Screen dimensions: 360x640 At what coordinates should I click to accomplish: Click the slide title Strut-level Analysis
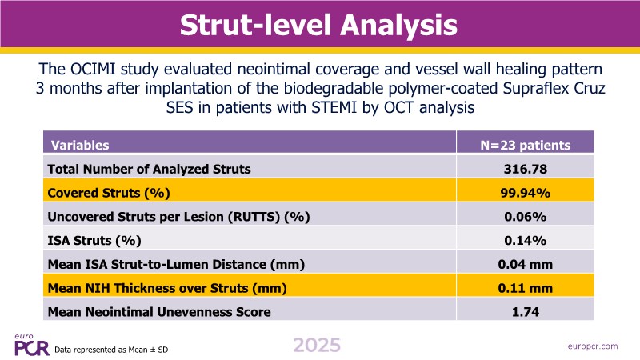pos(318,24)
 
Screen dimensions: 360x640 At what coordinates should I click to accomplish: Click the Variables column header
pos(80,146)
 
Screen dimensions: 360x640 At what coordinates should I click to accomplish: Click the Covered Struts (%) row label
pos(109,193)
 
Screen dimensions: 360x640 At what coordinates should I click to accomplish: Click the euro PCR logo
pos(30,344)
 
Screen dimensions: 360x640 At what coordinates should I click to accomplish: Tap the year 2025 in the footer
pos(317,346)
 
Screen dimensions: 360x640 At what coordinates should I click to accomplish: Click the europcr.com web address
pos(590,346)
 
